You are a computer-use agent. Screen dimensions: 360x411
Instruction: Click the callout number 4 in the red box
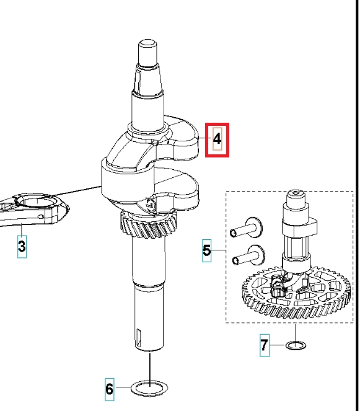(x=217, y=139)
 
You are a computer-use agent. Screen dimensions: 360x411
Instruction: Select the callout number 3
(x=22, y=246)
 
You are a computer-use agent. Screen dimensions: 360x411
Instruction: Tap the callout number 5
(x=207, y=250)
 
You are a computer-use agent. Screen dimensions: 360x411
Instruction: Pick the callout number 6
(x=110, y=389)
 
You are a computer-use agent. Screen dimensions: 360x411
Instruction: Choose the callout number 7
(x=265, y=345)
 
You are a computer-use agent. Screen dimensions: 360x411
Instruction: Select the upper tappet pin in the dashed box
(x=246, y=229)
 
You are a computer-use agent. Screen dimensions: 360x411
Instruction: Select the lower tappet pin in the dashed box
(x=249, y=256)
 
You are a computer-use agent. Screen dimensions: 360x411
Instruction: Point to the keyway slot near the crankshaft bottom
(x=138, y=338)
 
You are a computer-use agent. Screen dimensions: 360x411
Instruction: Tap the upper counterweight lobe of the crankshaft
(x=181, y=136)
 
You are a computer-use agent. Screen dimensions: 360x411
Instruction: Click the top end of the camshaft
(x=296, y=193)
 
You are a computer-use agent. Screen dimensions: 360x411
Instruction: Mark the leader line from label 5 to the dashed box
(x=219, y=250)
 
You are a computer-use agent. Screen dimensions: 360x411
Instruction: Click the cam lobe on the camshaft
(x=300, y=228)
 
